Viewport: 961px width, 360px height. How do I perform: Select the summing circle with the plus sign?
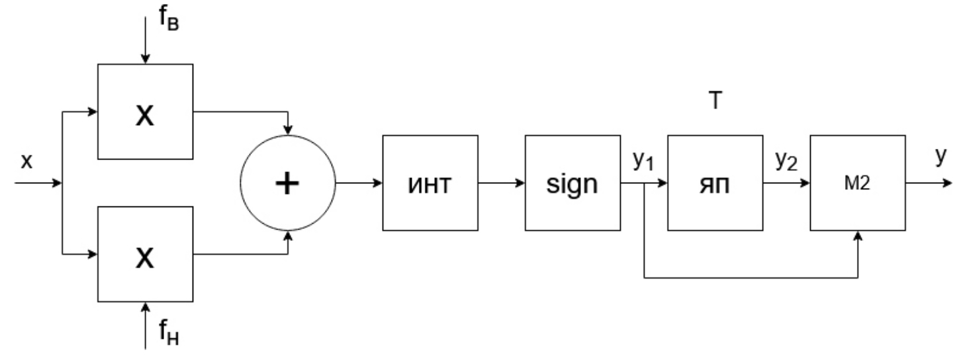(287, 183)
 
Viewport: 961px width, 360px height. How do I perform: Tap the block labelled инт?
(430, 183)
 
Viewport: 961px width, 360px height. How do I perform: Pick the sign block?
(573, 183)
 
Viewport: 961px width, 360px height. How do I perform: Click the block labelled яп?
(715, 183)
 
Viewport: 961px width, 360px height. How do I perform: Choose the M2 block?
(858, 183)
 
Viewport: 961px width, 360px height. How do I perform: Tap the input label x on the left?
(26, 163)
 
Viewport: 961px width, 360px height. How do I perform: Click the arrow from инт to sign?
(501, 183)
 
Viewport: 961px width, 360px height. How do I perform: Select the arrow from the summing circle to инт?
(359, 183)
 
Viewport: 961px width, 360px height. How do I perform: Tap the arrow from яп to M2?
(787, 183)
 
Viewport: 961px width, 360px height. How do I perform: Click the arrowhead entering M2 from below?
(858, 237)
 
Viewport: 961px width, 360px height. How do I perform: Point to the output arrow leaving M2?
(930, 183)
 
